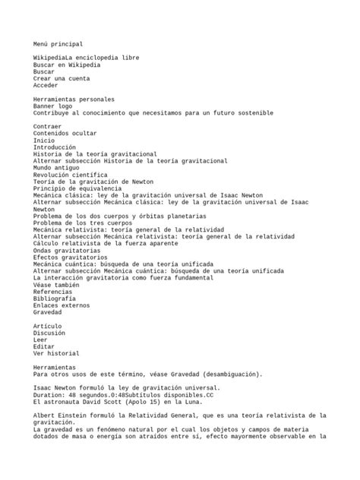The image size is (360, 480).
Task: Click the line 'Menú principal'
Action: pos(58,45)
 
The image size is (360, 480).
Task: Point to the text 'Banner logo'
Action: pos(54,106)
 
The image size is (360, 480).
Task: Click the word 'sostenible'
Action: pos(253,113)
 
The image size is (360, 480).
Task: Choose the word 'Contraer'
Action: pos(48,127)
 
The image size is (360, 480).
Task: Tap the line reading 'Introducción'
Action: pos(55,147)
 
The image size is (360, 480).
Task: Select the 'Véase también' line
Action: pos(56,285)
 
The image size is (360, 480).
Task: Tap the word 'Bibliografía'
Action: pos(54,298)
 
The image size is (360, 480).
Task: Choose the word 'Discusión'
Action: pos(50,333)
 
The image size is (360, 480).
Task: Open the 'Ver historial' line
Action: pos(56,353)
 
